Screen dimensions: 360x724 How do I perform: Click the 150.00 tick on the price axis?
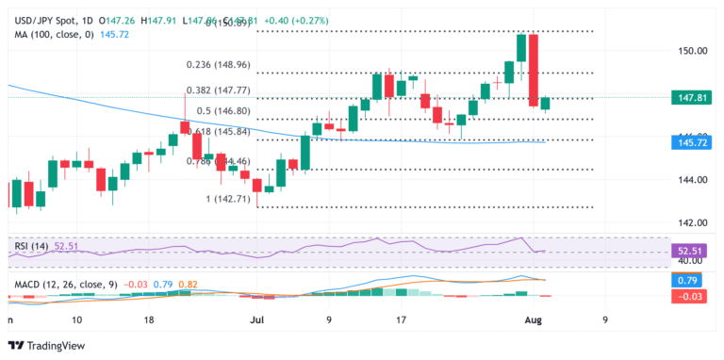(694, 50)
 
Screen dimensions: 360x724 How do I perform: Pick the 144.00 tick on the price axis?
(694, 180)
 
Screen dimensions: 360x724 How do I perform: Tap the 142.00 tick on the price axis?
(694, 223)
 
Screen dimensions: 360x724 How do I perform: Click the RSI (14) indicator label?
(31, 246)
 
